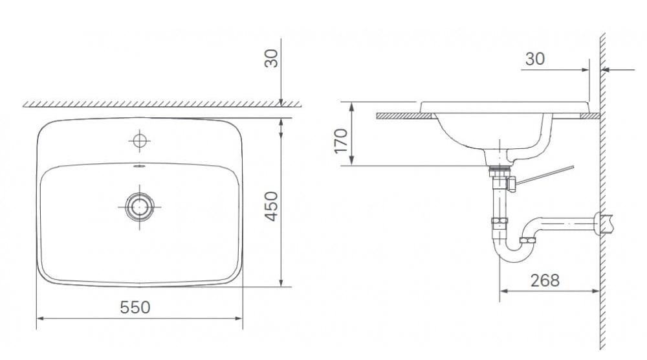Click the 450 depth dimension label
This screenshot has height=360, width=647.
pyautogui.click(x=272, y=206)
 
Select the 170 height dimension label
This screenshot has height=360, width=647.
pyautogui.click(x=341, y=141)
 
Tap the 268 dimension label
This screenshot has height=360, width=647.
pyautogui.click(x=545, y=280)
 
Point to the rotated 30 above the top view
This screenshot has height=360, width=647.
pyautogui.click(x=272, y=58)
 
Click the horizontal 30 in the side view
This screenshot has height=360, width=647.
pyautogui.click(x=534, y=59)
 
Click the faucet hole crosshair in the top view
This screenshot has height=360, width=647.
pyautogui.click(x=138, y=140)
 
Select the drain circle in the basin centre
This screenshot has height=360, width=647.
pyautogui.click(x=138, y=207)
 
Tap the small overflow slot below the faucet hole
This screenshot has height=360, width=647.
pyautogui.click(x=138, y=166)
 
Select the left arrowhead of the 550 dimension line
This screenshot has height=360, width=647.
pyautogui.click(x=39, y=318)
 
